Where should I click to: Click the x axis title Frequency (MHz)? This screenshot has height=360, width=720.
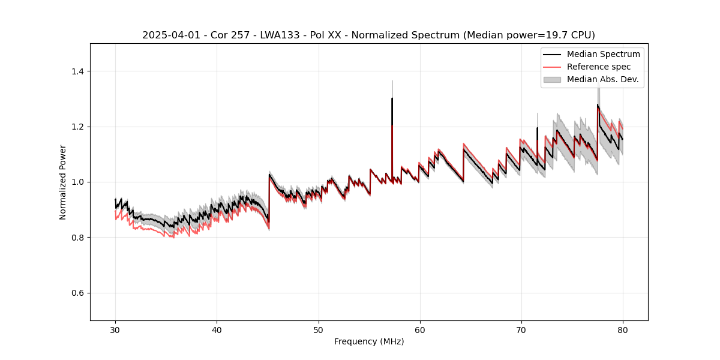369,341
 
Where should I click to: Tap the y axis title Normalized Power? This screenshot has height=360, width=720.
63,182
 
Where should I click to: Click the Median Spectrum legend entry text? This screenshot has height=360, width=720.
603,54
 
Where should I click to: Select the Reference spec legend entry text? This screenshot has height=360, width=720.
598,67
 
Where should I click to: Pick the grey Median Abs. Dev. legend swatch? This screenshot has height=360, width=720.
552,79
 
